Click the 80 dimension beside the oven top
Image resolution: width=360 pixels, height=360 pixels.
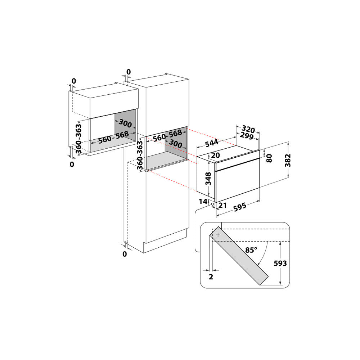pos(269,157)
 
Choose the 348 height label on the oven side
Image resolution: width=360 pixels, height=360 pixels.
pos(208,178)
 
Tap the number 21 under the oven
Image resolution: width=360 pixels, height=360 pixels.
pos(222,205)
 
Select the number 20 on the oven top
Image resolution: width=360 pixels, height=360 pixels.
pos(216,155)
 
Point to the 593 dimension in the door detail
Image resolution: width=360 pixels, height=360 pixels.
pos(280,264)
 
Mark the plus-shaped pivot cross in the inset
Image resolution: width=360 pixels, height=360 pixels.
pos(218,234)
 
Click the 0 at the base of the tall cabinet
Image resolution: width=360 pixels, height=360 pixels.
pos(125,254)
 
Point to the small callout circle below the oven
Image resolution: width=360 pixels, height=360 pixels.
pos(212,204)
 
